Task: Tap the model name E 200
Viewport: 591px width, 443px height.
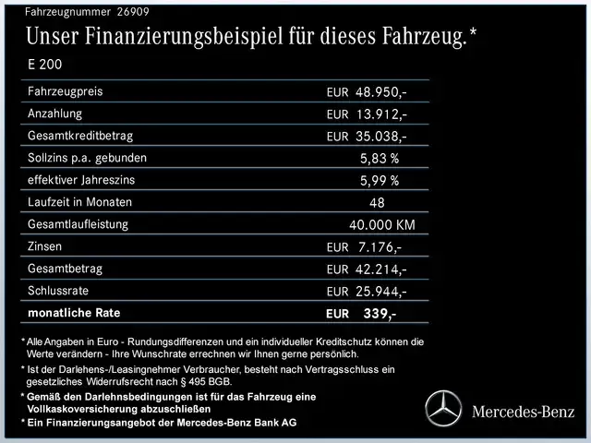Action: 46,66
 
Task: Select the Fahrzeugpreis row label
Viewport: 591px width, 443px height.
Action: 66,92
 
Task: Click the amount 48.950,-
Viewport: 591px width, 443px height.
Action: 380,92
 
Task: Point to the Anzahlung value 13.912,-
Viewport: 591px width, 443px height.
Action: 380,114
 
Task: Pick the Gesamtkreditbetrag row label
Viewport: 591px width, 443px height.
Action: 80,136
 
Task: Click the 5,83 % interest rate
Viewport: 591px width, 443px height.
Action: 380,158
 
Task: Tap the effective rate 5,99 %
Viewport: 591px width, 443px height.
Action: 380,180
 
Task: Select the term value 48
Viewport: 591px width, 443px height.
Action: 377,202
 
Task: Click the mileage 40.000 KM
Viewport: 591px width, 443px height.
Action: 382,224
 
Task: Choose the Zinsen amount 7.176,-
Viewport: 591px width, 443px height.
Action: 379,246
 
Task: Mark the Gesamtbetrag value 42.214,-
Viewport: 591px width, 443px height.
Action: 380,269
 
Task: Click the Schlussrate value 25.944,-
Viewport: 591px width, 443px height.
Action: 380,291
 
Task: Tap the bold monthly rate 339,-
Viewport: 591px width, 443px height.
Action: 380,314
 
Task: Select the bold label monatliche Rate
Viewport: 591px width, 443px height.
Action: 74,313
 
